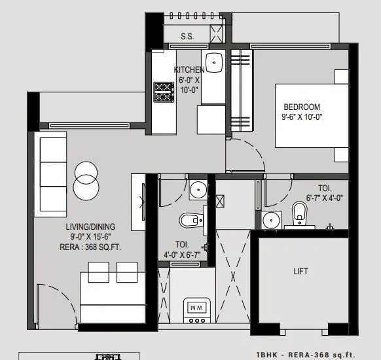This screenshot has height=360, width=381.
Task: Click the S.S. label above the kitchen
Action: [187, 37]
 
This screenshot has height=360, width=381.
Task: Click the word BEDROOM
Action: [302, 107]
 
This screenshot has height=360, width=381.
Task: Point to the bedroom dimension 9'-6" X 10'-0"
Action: [302, 117]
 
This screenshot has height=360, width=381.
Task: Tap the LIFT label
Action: [301, 270]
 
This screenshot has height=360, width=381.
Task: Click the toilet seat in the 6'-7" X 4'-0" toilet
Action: [300, 212]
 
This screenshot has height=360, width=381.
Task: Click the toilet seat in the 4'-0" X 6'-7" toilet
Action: [188, 219]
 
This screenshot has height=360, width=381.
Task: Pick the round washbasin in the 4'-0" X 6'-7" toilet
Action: [197, 190]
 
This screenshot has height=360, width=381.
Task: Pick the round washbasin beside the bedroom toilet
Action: [270, 221]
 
